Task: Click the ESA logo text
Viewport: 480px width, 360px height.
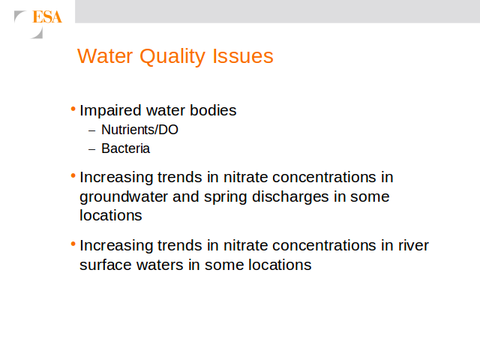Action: click(x=47, y=16)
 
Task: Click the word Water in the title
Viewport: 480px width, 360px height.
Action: click(x=105, y=56)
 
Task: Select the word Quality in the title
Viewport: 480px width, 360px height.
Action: click(x=172, y=57)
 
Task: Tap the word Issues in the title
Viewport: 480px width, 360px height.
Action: click(x=243, y=56)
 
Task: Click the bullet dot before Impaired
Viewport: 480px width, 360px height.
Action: click(x=73, y=109)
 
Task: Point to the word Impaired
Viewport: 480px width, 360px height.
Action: click(x=110, y=111)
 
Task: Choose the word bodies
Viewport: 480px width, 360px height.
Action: click(x=213, y=110)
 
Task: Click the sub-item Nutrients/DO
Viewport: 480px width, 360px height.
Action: click(x=139, y=130)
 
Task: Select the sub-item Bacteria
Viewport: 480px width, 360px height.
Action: click(x=125, y=148)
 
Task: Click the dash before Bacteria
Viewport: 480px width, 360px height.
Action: click(x=91, y=149)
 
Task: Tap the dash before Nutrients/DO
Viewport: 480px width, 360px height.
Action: click(x=91, y=130)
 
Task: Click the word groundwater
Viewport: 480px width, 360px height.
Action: click(x=124, y=196)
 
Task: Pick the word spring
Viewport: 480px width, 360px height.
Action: click(x=225, y=197)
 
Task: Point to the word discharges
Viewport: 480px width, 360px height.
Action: click(x=290, y=196)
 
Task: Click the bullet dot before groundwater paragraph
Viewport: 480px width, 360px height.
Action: click(x=73, y=175)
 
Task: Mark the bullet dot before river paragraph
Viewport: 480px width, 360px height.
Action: click(x=73, y=244)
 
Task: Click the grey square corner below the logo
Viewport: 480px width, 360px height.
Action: click(x=39, y=34)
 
